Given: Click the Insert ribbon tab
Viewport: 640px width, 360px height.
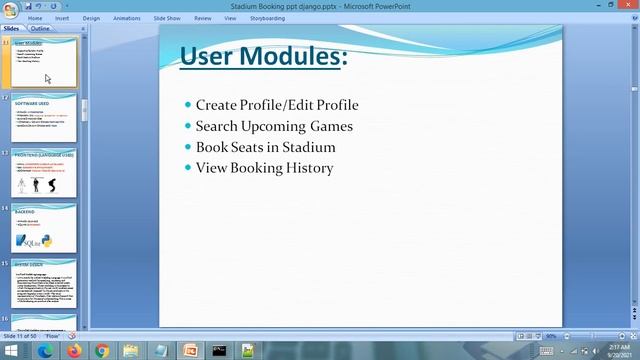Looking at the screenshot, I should tap(63, 18).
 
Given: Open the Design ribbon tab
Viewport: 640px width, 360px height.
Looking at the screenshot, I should tap(91, 18).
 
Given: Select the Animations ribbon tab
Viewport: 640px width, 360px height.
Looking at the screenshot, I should tap(127, 18).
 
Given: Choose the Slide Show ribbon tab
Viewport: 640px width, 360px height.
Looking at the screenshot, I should tap(167, 18).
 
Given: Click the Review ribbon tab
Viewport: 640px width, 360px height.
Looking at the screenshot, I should tap(203, 18).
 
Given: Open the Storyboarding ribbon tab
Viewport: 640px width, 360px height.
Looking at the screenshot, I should tap(267, 18).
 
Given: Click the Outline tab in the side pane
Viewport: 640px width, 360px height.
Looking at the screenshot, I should tap(40, 29).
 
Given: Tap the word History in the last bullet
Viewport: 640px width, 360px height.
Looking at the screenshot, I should tap(310, 168).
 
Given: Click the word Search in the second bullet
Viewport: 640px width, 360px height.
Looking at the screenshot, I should tap(217, 126).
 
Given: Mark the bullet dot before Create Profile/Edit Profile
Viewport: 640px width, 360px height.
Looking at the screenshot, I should tap(188, 105).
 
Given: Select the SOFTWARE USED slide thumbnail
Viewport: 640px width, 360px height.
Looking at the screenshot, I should tap(44, 118).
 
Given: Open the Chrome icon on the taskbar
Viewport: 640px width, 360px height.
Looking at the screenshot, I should tap(102, 351).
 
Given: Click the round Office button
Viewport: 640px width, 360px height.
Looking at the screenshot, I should tap(9, 8).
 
